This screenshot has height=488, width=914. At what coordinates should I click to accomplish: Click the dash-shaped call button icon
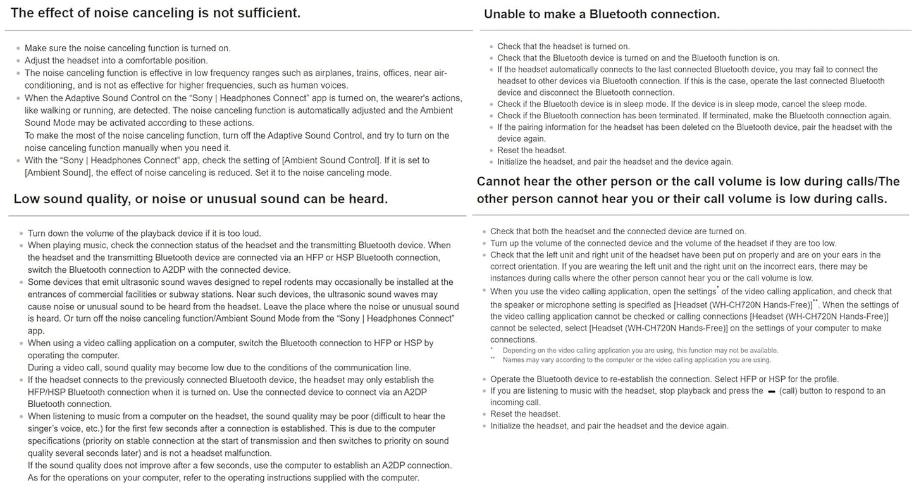771,391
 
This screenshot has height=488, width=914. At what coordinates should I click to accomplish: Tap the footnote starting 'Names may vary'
636,360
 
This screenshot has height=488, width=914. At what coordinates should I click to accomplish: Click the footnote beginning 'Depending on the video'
640,350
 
